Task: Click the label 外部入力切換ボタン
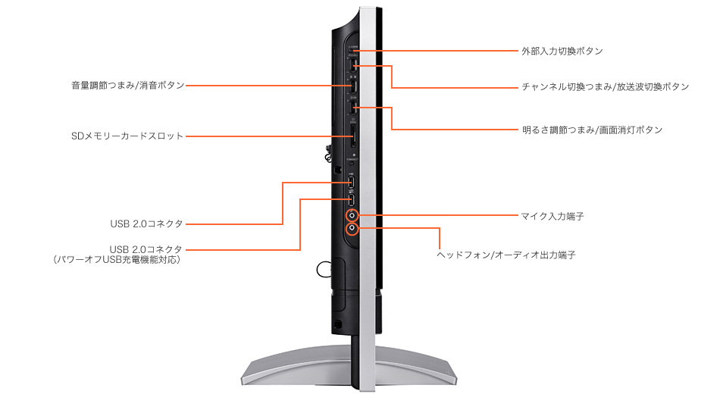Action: [x=562, y=51]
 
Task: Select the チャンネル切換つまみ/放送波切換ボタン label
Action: [x=606, y=87]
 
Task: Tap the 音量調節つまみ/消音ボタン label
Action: [x=127, y=86]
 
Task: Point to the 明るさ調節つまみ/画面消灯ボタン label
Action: [x=593, y=130]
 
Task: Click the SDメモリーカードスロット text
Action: [x=127, y=136]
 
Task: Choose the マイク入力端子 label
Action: [x=553, y=216]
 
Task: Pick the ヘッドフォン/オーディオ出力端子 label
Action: [x=506, y=255]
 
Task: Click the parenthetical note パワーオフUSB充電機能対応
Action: [x=117, y=260]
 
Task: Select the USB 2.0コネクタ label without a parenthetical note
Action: [x=146, y=224]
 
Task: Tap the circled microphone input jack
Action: [x=352, y=214]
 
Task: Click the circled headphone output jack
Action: [x=352, y=228]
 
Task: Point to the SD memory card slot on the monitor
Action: [x=352, y=137]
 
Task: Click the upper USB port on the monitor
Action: [x=352, y=183]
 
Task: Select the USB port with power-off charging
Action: [x=352, y=199]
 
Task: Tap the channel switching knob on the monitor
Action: [x=353, y=65]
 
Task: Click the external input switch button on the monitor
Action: [x=354, y=51]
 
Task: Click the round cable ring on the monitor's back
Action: [x=318, y=270]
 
